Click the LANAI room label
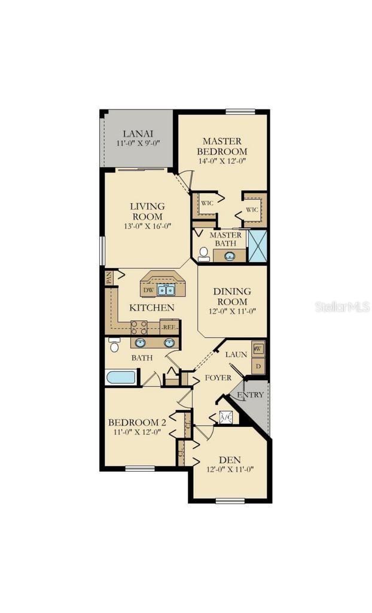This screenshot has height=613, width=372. point(136,133)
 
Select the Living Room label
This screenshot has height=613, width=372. point(147,211)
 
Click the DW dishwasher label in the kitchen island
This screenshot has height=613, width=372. point(149,290)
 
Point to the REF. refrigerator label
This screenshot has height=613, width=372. point(169,327)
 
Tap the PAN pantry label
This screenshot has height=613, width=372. point(109,277)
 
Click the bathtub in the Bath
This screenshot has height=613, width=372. point(121,377)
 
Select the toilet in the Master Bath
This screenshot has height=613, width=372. point(203,254)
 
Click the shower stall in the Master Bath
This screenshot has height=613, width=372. point(257,245)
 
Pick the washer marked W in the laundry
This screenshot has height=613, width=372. point(258,348)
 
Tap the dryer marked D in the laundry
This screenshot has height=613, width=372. point(258,366)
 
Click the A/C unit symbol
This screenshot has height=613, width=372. point(225,418)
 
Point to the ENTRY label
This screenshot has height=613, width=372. point(250,395)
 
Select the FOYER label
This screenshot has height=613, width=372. point(218,378)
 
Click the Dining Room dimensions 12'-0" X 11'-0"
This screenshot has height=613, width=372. point(232,311)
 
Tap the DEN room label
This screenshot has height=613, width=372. point(230,459)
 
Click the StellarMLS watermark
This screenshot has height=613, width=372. point(342,306)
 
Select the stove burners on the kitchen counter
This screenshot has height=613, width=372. point(139,327)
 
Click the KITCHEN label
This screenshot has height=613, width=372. point(152,308)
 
